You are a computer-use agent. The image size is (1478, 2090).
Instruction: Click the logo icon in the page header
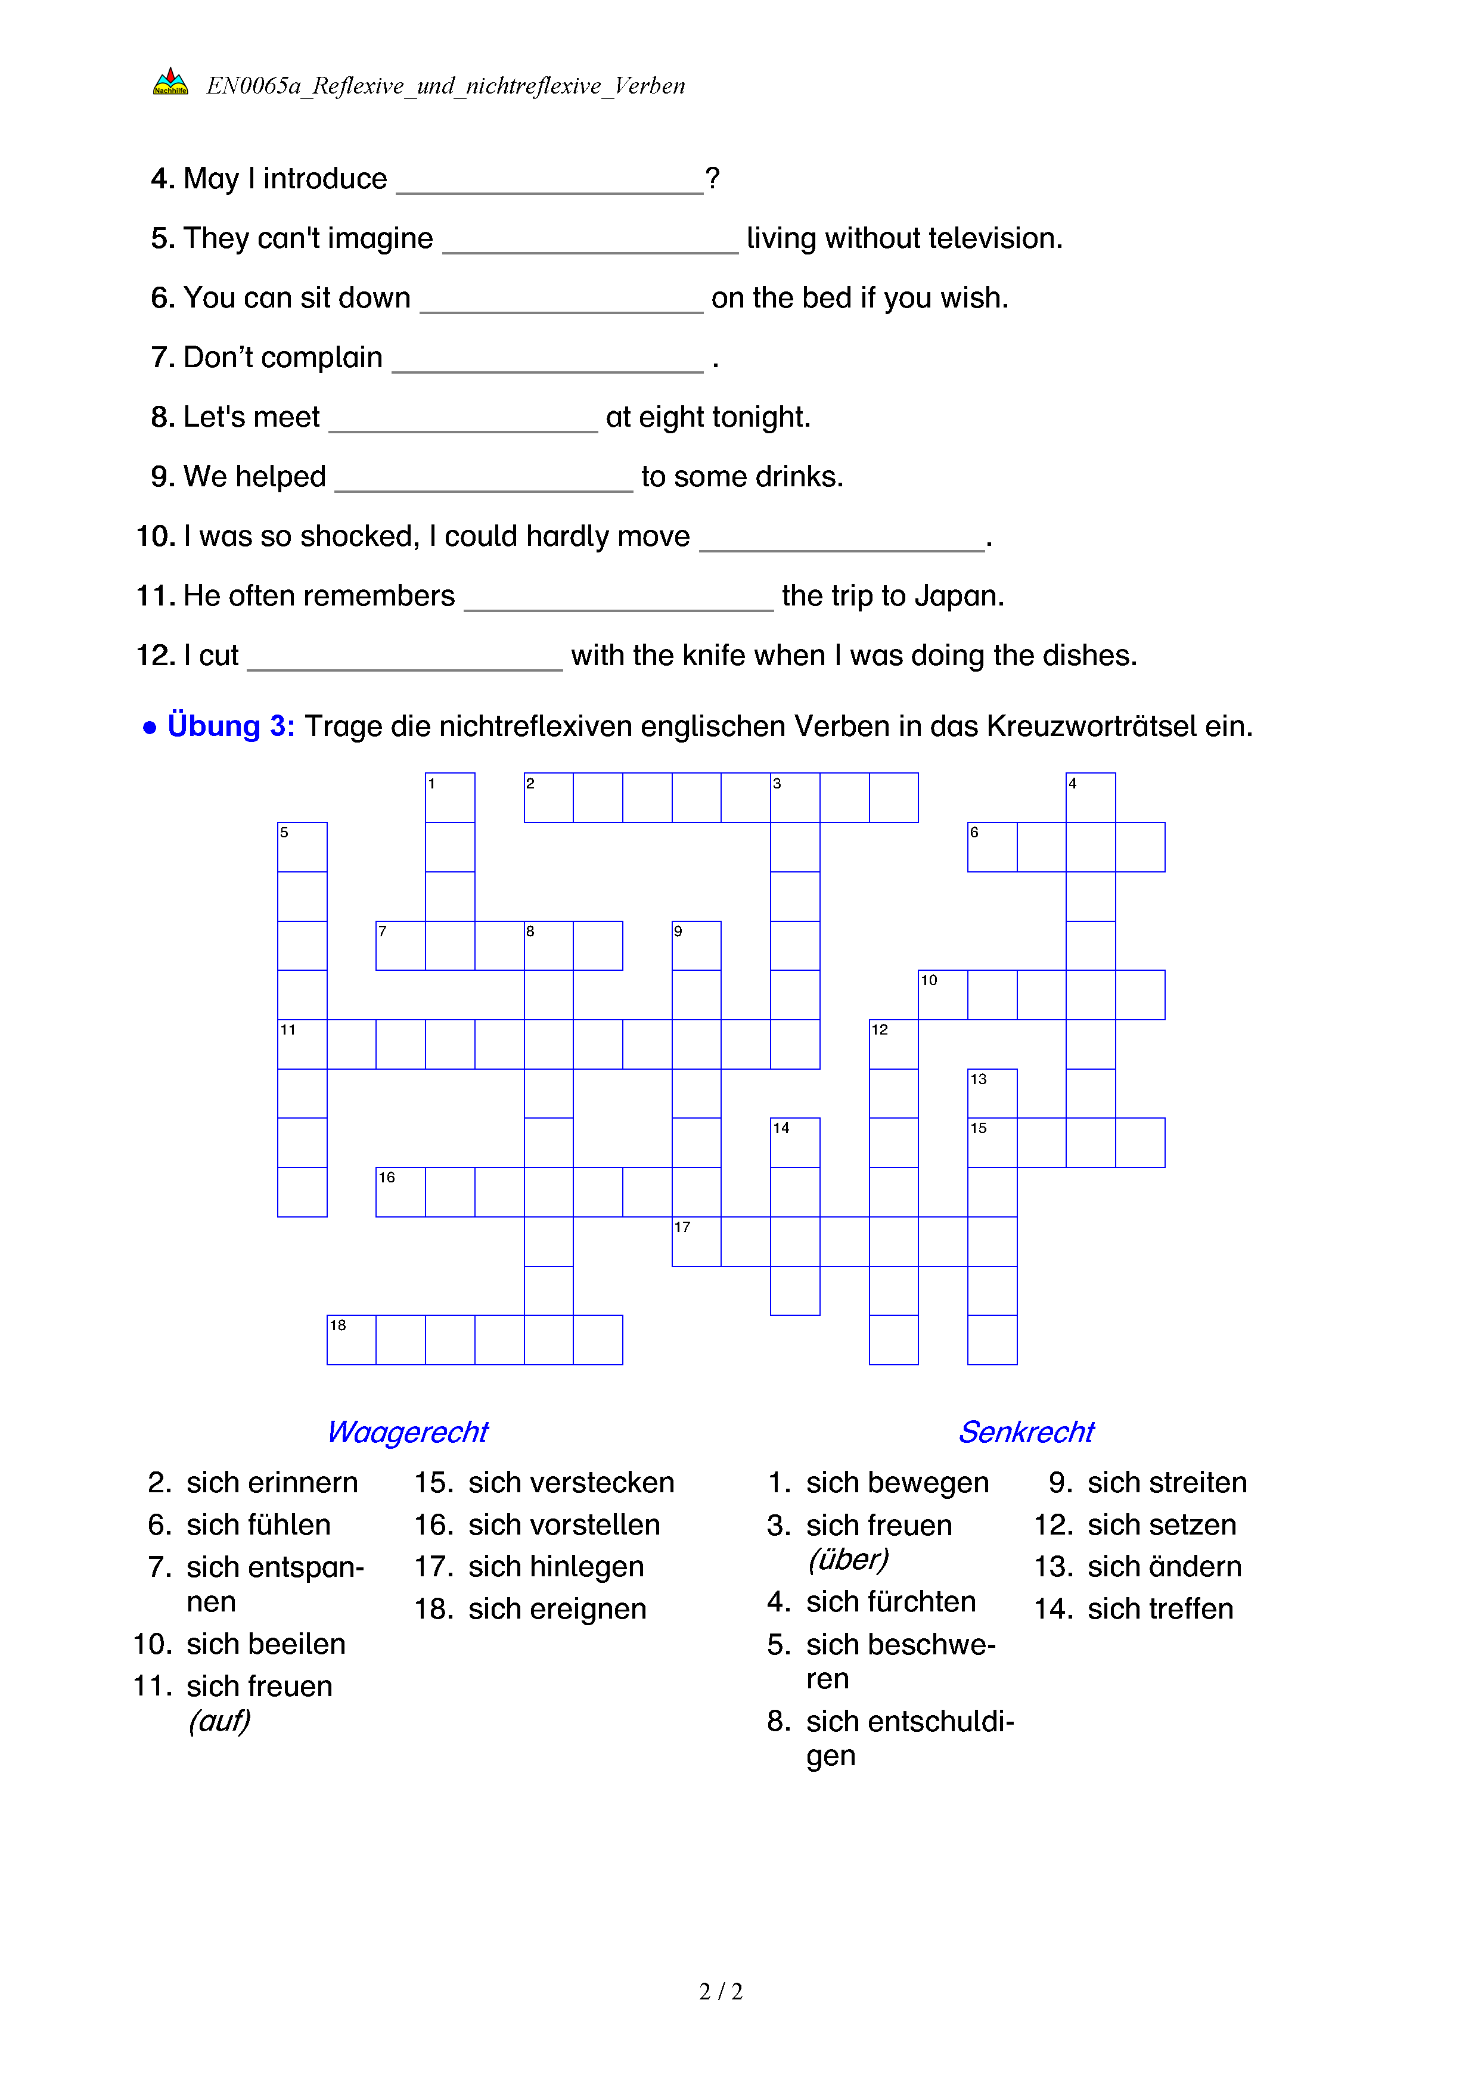pyautogui.click(x=170, y=82)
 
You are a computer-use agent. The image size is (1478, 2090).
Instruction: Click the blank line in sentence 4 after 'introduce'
pyautogui.click(x=549, y=182)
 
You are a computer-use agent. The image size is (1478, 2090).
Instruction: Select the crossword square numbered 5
pyautogui.click(x=302, y=847)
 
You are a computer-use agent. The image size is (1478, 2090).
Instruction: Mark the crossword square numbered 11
pyautogui.click(x=302, y=1044)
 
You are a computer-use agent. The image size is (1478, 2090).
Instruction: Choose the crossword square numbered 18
pyautogui.click(x=351, y=1340)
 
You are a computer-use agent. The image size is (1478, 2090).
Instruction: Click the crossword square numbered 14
pyautogui.click(x=794, y=1142)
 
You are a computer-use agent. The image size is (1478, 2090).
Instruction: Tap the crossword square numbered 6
pyautogui.click(x=992, y=847)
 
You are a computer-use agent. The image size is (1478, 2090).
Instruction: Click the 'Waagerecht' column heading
pyautogui.click(x=408, y=1432)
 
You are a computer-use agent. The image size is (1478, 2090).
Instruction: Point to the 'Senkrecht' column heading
pyautogui.click(x=1026, y=1432)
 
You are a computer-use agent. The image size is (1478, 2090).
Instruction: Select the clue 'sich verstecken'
pyautogui.click(x=570, y=1483)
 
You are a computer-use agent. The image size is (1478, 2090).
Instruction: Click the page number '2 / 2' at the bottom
pyautogui.click(x=721, y=1992)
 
